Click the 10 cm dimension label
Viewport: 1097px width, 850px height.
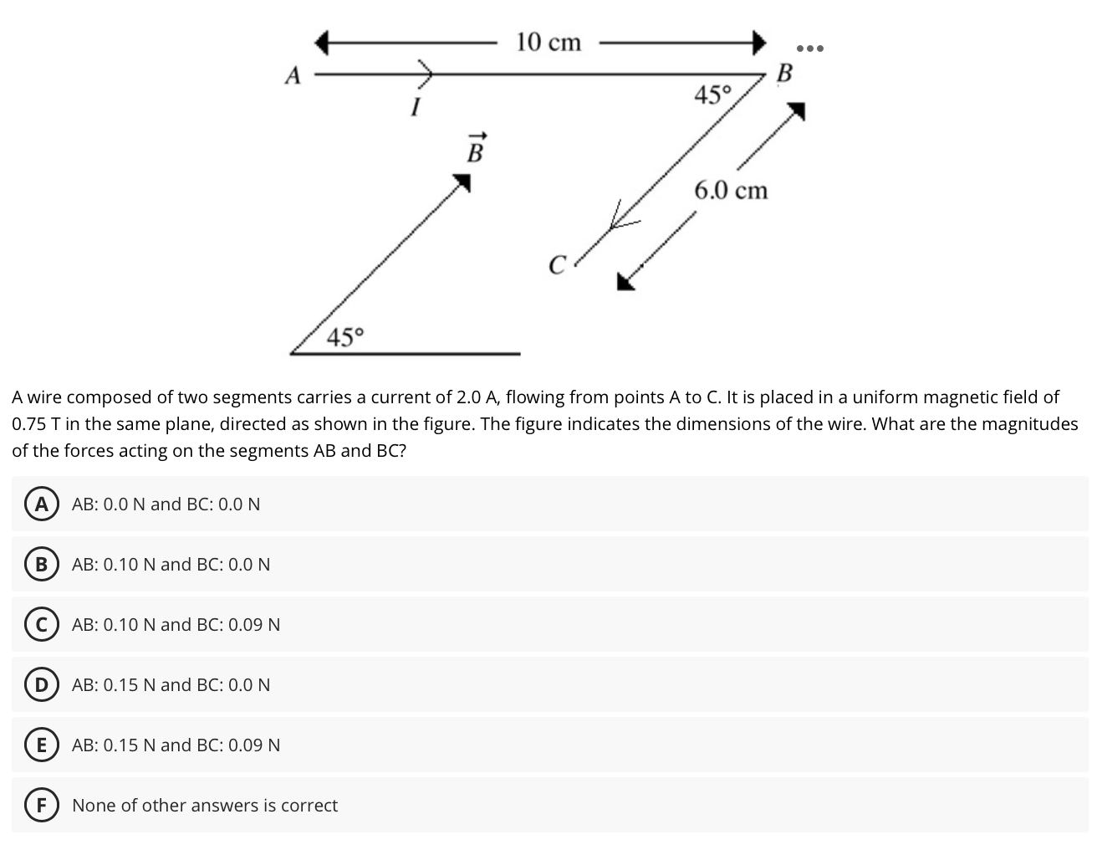[548, 41]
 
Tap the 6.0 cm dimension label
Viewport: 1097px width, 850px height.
[730, 191]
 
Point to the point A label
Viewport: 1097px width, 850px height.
[292, 76]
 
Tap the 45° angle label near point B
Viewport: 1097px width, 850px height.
[712, 95]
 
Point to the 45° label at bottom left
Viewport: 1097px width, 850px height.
[345, 338]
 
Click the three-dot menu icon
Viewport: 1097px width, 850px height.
[809, 48]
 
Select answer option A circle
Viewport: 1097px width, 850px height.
[38, 504]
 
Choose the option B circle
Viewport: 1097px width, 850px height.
[38, 564]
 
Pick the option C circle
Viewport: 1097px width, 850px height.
[38, 624]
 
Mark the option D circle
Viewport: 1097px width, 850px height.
[38, 684]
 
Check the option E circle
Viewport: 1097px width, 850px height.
[38, 745]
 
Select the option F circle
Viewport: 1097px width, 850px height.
[38, 805]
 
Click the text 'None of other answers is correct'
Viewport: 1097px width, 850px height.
[205, 805]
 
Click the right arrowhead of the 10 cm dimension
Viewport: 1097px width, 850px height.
[758, 41]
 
